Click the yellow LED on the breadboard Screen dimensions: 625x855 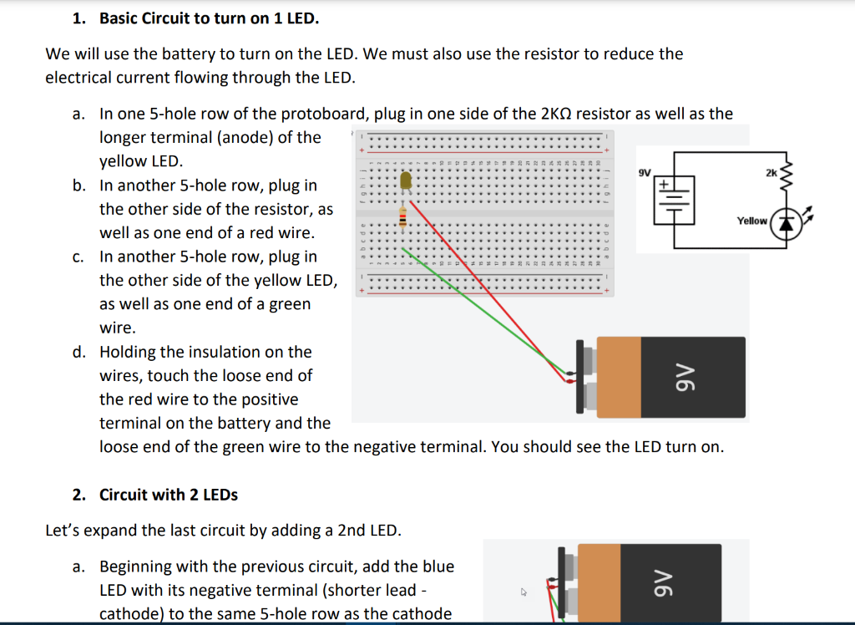tap(406, 180)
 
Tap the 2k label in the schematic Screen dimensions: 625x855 tap(771, 172)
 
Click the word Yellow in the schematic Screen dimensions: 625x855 tap(751, 221)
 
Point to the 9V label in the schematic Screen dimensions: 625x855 tap(644, 172)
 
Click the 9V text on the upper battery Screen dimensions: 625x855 tap(682, 377)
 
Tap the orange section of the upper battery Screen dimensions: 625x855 tap(619, 377)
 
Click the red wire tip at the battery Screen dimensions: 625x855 tap(569, 381)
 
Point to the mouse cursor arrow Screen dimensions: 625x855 tap(524, 592)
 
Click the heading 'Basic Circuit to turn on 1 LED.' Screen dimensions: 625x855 tap(209, 18)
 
